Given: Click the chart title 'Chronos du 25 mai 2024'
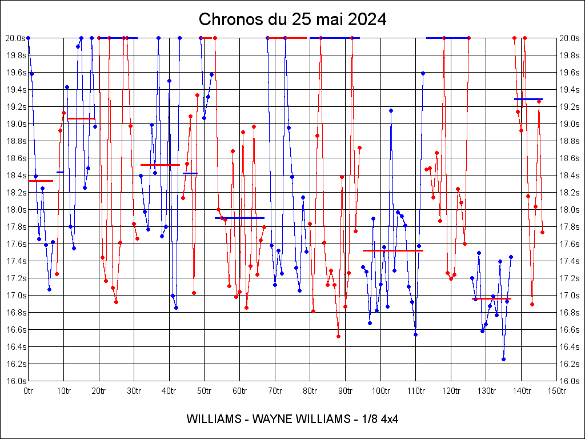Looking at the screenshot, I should (x=292, y=19).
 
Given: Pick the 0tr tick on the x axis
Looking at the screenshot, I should (x=29, y=391).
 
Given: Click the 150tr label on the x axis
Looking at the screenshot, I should (x=557, y=391).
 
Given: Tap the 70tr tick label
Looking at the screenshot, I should (x=275, y=391).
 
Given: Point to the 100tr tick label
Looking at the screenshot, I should (x=380, y=391).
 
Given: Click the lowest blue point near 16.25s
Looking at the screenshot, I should (x=503, y=359).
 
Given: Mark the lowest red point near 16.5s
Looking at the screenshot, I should (x=338, y=336).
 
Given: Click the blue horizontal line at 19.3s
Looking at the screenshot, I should (x=528, y=99).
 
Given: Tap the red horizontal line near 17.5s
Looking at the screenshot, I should (x=392, y=250).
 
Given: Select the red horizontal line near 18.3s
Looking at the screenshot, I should (x=40, y=181).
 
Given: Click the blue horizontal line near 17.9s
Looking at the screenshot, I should (x=239, y=218).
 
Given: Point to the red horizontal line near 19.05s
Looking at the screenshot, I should (x=81, y=118).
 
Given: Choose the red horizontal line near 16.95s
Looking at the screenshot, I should (x=491, y=298).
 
